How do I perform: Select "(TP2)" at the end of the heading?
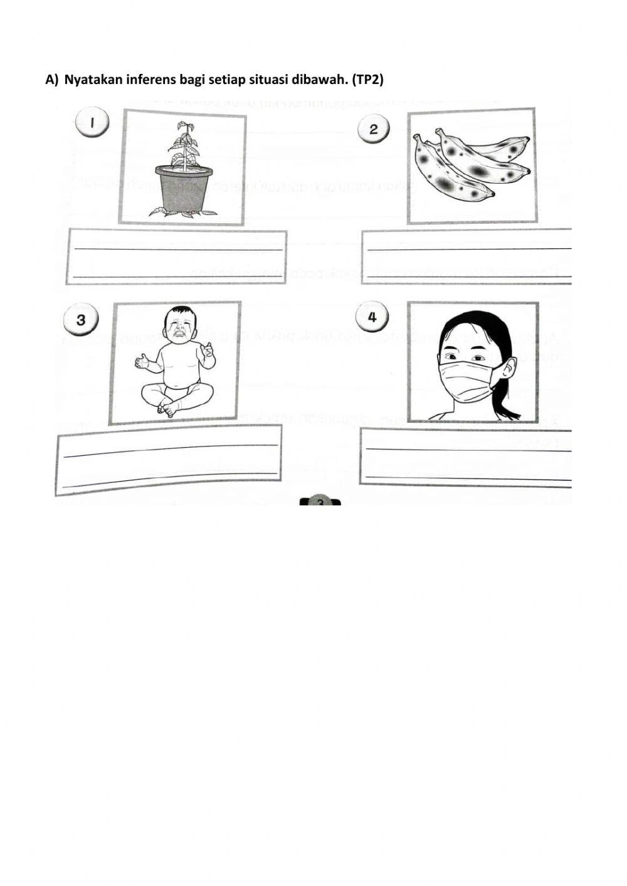click(x=367, y=80)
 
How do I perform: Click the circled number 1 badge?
click(x=92, y=123)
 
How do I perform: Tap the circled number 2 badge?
click(x=374, y=130)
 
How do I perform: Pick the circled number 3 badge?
click(x=81, y=320)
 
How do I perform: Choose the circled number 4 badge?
click(x=372, y=317)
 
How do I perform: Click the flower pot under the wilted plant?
click(x=184, y=189)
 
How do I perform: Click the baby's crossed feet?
click(x=167, y=408)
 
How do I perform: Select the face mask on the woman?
click(x=471, y=381)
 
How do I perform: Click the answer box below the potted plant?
click(x=176, y=257)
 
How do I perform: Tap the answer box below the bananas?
click(x=467, y=256)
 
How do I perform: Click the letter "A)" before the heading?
click(x=51, y=80)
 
